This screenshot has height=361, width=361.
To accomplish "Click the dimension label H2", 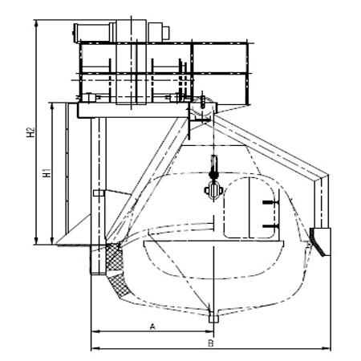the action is click(31, 132).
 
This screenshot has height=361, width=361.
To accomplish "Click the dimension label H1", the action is click(47, 172).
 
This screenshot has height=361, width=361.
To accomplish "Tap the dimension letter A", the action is click(152, 327).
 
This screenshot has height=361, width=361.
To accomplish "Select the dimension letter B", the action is click(211, 343).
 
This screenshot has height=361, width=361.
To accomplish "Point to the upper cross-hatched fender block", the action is click(114, 257).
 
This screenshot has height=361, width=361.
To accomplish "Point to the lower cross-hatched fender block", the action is click(119, 286).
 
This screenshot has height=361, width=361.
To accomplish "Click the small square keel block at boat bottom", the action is click(213, 318).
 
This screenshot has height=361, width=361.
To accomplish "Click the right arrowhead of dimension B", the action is click(327, 348).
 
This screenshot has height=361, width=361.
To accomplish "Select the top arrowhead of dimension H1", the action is click(52, 107).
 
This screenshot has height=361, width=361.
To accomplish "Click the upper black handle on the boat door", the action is click(270, 202).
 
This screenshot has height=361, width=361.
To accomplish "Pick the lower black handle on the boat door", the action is click(270, 226).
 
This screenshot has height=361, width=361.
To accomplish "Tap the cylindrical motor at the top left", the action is click(91, 33).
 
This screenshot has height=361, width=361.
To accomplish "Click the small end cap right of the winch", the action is click(166, 33).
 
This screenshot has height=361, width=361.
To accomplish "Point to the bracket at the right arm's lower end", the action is click(320, 241).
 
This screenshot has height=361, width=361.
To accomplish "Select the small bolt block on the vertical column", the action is click(99, 193).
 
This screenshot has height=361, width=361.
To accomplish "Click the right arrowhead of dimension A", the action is click(209, 331).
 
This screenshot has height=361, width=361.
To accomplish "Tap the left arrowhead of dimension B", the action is click(95, 348).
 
